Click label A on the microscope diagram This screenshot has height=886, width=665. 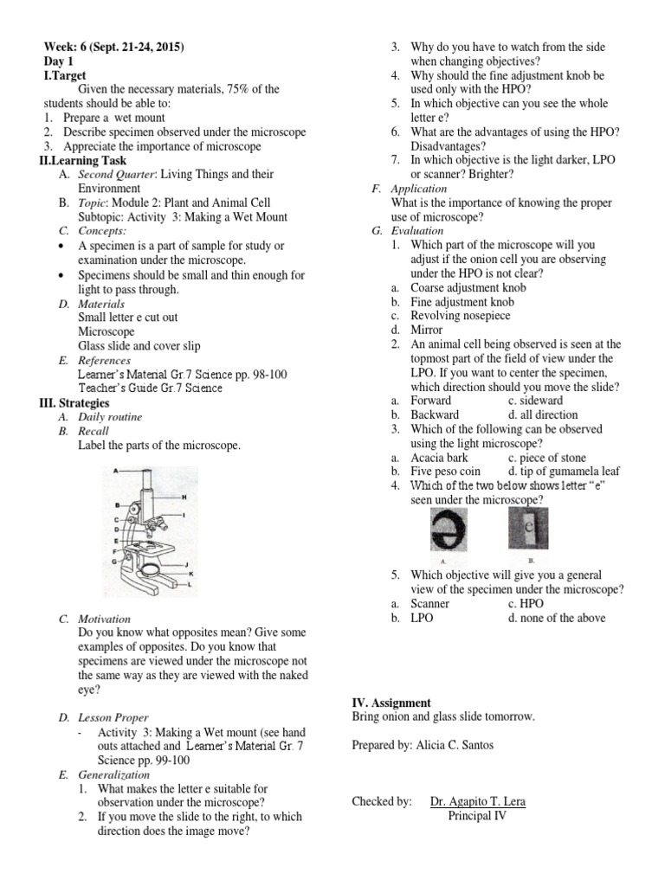point(105,470)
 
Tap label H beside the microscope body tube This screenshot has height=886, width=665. point(184,497)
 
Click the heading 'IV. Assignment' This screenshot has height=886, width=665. point(391,703)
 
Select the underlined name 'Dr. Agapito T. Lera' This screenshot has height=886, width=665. point(477,801)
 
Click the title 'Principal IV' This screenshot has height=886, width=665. point(476,815)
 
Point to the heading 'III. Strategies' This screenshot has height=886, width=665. point(74,403)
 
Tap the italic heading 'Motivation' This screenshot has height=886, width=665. point(104,620)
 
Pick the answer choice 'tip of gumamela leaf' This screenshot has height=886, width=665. point(558,472)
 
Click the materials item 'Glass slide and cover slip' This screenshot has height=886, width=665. point(139,346)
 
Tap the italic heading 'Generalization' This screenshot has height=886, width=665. point(113,774)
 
